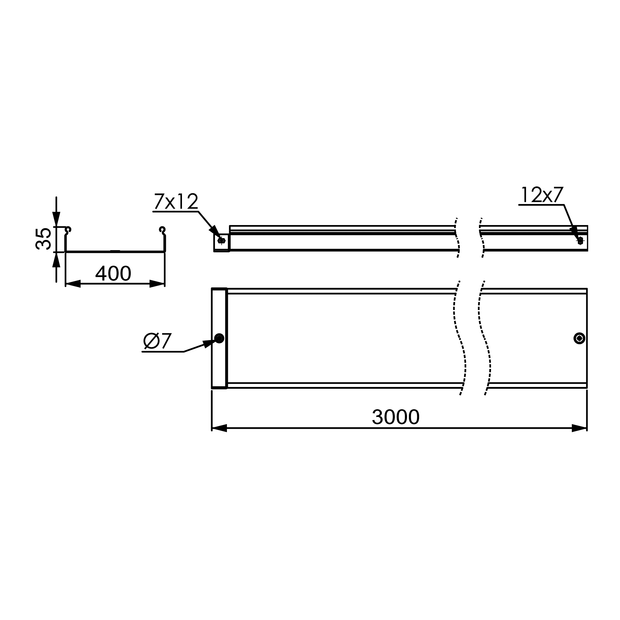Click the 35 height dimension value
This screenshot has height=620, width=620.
tap(43, 239)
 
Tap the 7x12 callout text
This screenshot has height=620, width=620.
tap(176, 201)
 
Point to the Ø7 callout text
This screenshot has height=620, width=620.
tap(157, 341)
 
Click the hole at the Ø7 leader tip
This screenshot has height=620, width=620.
tap(219, 338)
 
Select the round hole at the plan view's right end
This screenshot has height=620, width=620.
tap(579, 338)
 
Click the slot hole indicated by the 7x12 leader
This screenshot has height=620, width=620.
tap(221, 241)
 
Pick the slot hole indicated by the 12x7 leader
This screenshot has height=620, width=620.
tap(580, 241)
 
